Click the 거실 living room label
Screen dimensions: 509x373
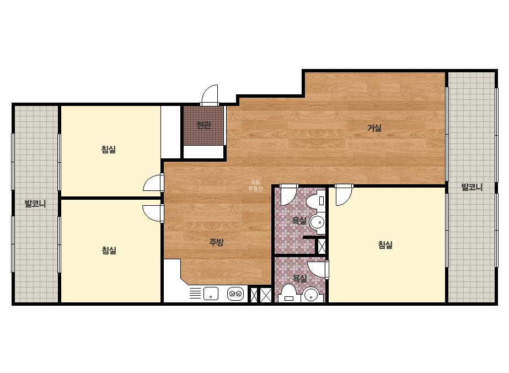(374, 128)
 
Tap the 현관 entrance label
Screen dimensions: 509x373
(204, 125)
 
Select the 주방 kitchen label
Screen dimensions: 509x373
(216, 242)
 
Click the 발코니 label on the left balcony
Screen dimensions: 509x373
(35, 204)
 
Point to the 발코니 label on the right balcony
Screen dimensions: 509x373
(472, 187)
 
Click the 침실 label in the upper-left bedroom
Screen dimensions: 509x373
(109, 150)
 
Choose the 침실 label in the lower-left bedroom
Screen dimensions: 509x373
(109, 251)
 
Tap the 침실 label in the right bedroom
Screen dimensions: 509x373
(385, 244)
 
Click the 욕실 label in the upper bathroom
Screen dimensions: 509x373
(299, 221)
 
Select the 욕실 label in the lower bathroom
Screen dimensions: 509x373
(299, 279)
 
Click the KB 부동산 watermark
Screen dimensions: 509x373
(255, 185)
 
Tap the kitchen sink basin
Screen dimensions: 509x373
(211, 294)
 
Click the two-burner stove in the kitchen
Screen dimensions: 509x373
(235, 294)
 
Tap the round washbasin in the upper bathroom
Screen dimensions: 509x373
(317, 223)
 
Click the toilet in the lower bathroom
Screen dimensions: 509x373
(288, 294)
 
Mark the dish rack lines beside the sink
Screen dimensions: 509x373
(195, 293)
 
